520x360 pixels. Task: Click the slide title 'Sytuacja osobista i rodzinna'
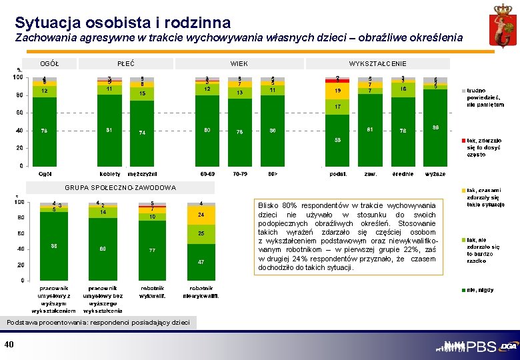tap(123, 23)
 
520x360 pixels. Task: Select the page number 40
tap(9, 344)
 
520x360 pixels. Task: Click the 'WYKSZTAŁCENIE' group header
tap(377, 63)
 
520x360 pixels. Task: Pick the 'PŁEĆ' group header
tap(126, 63)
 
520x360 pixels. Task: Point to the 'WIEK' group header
tap(239, 63)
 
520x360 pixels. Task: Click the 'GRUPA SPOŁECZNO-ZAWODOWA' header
tap(121, 187)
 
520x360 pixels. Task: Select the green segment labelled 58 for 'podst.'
tap(338, 140)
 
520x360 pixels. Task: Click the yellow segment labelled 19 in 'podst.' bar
tap(338, 91)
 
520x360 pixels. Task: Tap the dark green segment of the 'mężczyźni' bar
tap(142, 133)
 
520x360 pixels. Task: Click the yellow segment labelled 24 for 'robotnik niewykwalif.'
tap(201, 215)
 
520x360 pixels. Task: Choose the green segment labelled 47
tap(201, 262)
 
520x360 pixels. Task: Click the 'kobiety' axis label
tap(109, 174)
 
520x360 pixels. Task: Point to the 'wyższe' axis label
tap(435, 174)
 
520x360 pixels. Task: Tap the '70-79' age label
tap(239, 174)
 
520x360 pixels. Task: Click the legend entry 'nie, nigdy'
tap(480, 290)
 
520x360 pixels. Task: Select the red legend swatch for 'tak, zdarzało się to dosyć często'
tap(463, 141)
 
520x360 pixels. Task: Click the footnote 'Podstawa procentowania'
tap(98, 323)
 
